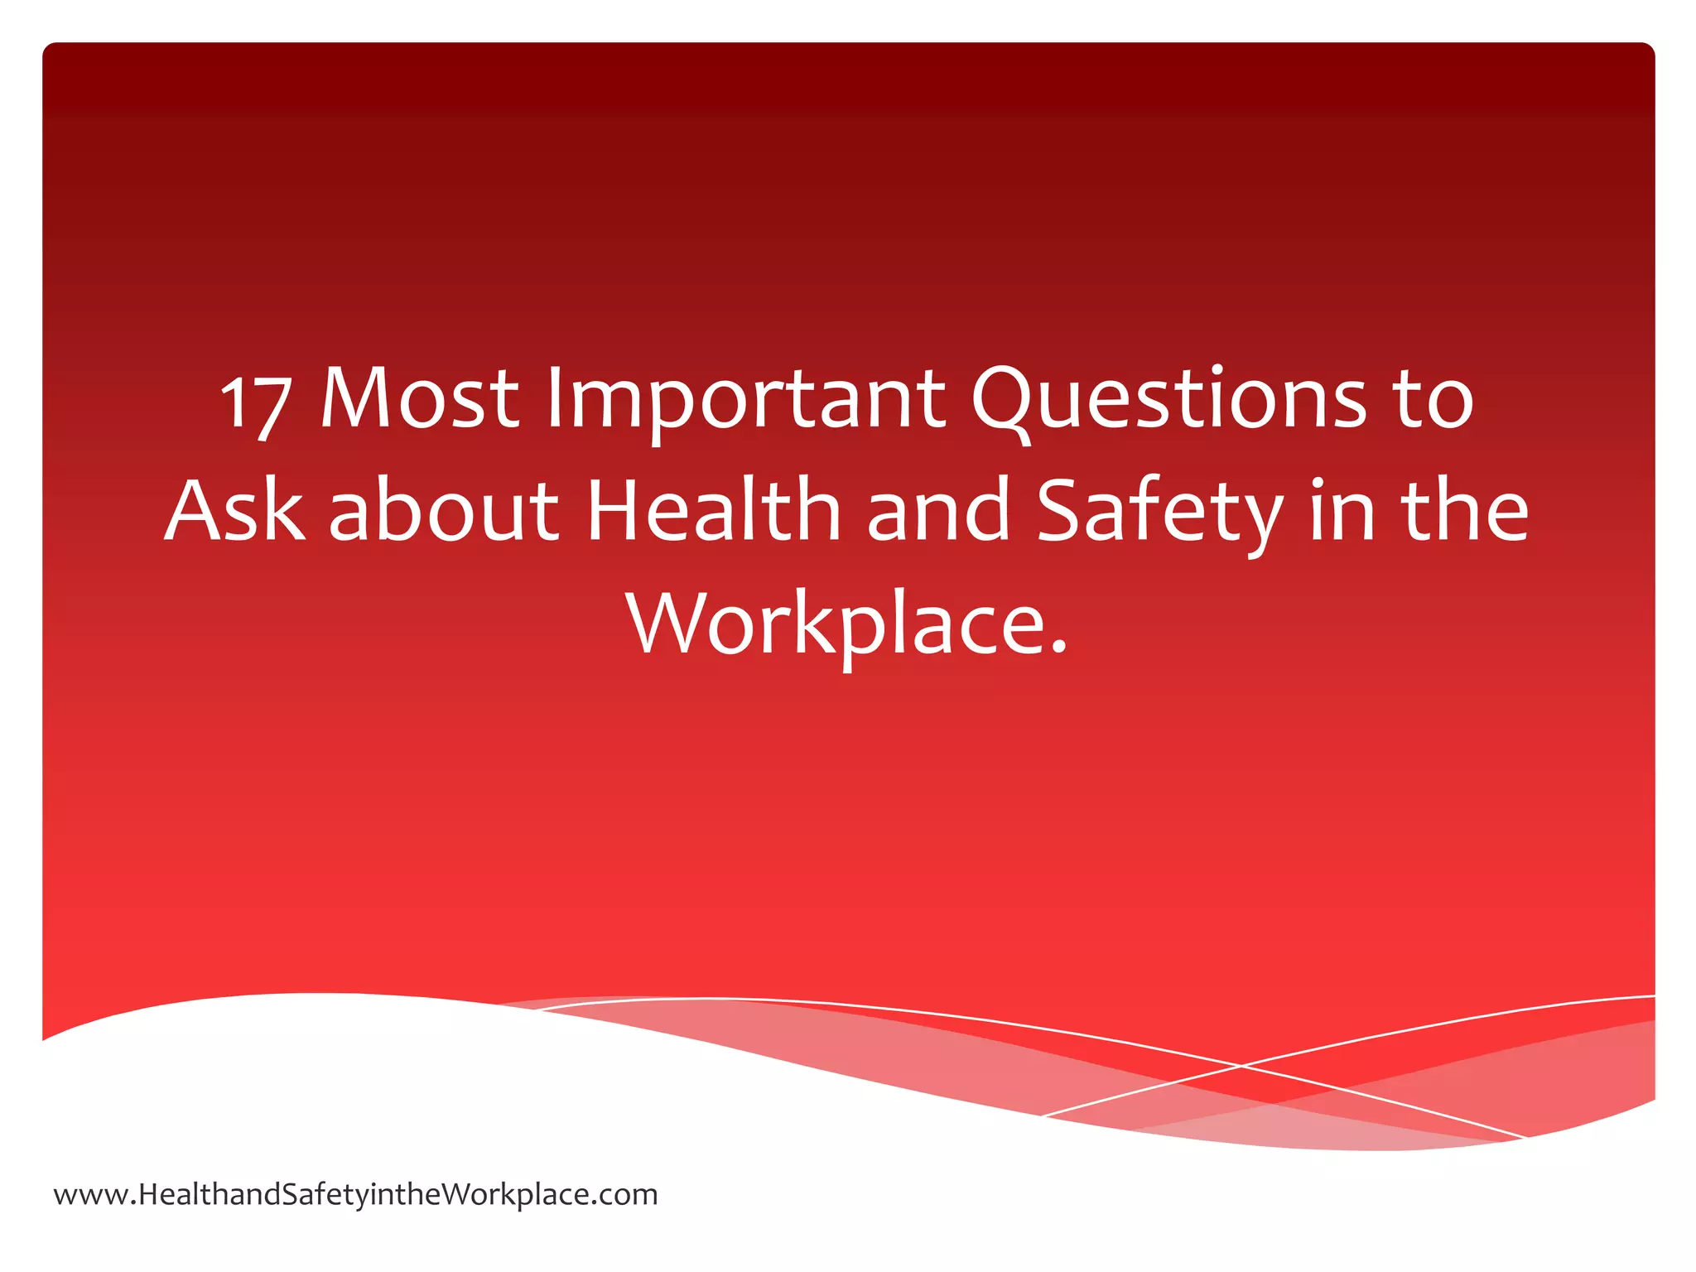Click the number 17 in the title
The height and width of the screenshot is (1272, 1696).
click(256, 403)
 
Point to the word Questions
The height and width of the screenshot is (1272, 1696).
click(1168, 399)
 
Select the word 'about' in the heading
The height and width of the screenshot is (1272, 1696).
click(444, 511)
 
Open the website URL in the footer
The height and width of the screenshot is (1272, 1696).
click(355, 1195)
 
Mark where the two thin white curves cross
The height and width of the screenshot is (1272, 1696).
click(1241, 1066)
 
